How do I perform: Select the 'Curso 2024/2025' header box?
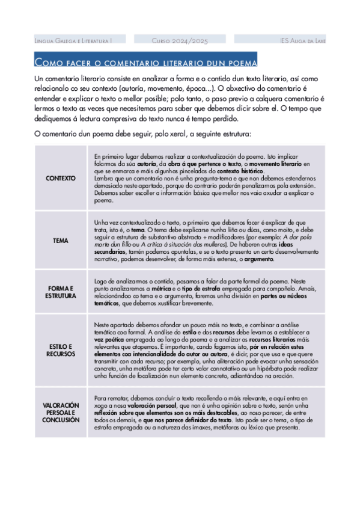tap(180, 40)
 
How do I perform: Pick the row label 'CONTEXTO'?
tap(61, 178)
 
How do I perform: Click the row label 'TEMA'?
tap(61, 241)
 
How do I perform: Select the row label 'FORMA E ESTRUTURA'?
tap(61, 292)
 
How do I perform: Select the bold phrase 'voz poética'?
tap(109, 339)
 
